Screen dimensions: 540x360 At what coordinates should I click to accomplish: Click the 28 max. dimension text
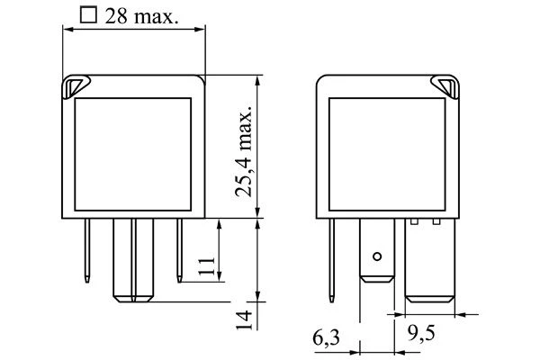tap(142, 16)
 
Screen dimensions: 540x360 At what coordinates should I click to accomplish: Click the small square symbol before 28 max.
tap(88, 14)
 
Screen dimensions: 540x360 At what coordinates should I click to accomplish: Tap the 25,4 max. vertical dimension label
tap(244, 149)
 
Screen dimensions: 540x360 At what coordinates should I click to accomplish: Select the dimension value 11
tap(206, 265)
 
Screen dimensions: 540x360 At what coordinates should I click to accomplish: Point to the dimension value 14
tap(244, 320)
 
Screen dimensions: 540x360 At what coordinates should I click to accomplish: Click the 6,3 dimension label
tap(326, 337)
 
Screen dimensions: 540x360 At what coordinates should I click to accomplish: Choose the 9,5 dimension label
tap(421, 332)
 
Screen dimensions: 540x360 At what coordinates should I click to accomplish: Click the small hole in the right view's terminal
tap(377, 256)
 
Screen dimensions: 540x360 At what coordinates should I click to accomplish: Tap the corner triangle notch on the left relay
tap(75, 86)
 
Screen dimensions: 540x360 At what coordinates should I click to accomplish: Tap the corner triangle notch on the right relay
tap(445, 86)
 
